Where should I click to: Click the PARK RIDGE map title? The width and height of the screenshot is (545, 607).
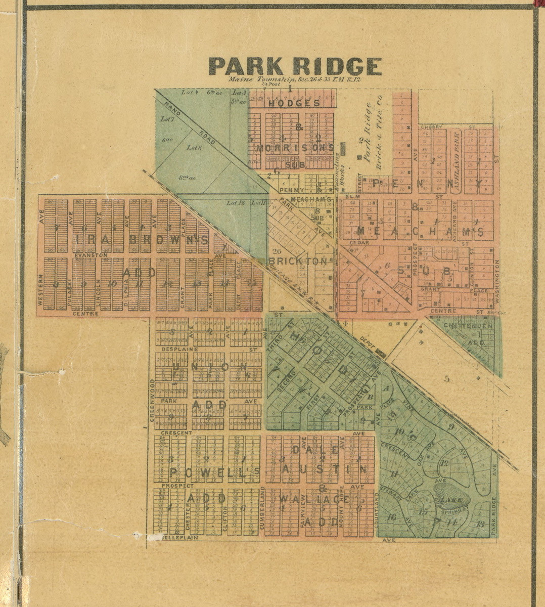[295, 67]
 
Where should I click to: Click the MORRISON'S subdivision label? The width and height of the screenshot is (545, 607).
[295, 148]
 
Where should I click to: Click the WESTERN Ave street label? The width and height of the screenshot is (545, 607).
[41, 290]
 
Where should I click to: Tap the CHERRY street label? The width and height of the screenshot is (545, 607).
[431, 126]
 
